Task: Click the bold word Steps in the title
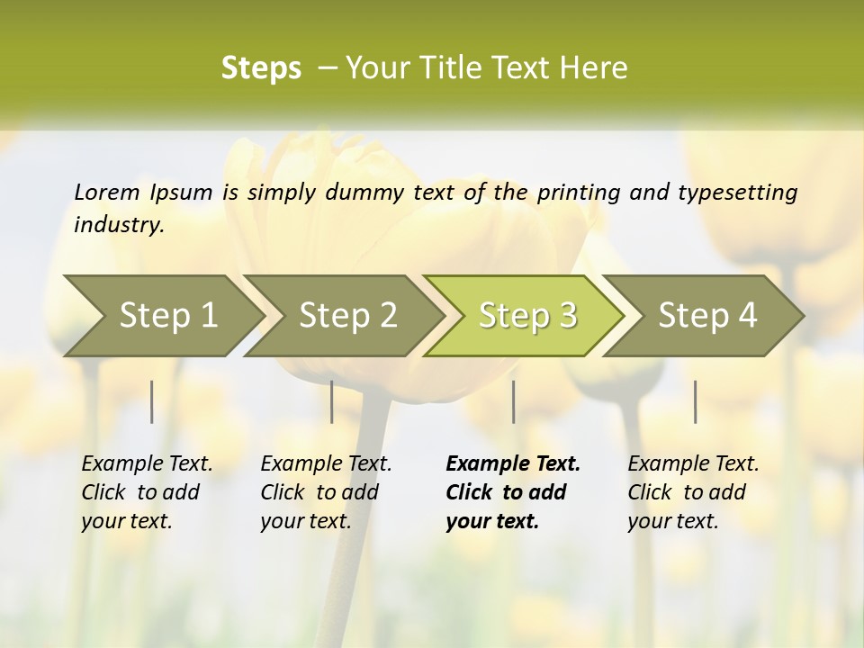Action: tap(261, 68)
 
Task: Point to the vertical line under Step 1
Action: tap(152, 401)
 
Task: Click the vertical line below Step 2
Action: tap(332, 401)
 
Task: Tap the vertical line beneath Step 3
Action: tap(513, 401)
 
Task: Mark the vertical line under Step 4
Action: tap(695, 401)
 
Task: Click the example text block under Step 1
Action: tap(147, 492)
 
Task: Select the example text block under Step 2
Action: tap(326, 492)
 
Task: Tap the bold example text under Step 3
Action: tap(513, 492)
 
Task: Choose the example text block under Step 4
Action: tap(693, 492)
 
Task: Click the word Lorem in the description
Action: tap(107, 192)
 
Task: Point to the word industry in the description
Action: tap(118, 224)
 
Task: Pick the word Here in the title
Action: tap(597, 68)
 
